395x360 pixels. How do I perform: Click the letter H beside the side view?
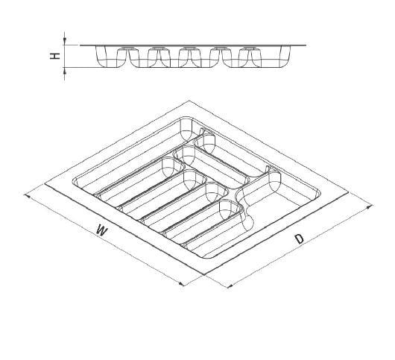pyautogui.click(x=55, y=56)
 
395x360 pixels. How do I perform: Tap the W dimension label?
pyautogui.click(x=101, y=230)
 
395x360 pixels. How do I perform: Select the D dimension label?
pyautogui.click(x=300, y=239)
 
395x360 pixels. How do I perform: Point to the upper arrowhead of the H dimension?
pyautogui.click(x=65, y=40)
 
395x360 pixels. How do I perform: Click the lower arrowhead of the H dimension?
pyautogui.click(x=65, y=72)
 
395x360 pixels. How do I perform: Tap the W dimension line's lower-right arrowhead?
pyautogui.click(x=181, y=284)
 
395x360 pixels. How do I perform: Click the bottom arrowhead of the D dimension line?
pyautogui.click(x=230, y=286)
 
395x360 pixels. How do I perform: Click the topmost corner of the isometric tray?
pyautogui.click(x=189, y=101)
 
